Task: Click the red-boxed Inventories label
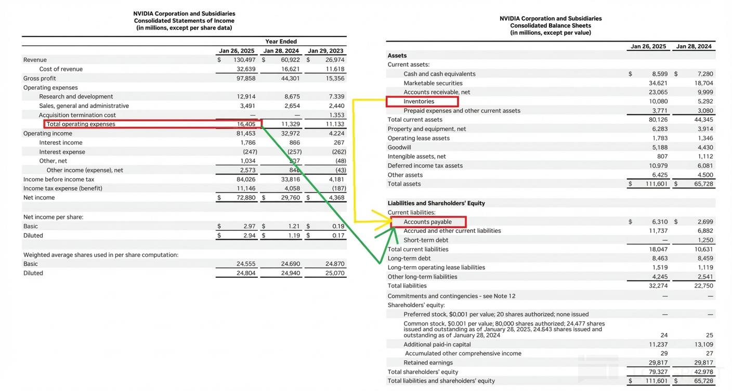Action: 419,101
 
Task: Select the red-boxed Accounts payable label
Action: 428,222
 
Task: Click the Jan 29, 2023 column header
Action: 325,51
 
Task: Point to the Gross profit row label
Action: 40,79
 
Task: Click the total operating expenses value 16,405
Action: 246,124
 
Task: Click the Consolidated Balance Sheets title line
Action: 551,25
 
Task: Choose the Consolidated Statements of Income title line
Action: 184,21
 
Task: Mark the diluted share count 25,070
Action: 334,273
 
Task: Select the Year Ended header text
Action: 281,42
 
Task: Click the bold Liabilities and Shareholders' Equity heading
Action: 436,203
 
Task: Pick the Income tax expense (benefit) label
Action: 63,188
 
